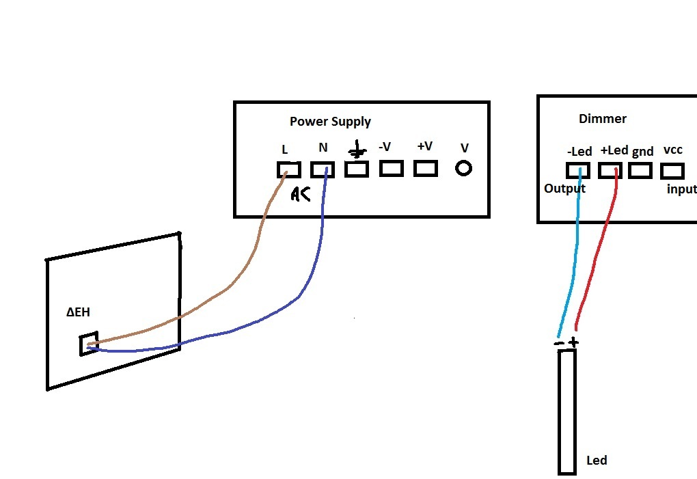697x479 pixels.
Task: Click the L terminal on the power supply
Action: [x=288, y=169]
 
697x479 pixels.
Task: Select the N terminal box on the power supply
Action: [x=323, y=169]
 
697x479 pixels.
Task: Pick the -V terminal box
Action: [x=391, y=168]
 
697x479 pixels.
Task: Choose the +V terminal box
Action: [x=425, y=168]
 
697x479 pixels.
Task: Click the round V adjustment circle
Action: [x=463, y=168]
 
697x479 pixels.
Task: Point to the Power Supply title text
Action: [x=330, y=122]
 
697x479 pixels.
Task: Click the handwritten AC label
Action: [x=300, y=194]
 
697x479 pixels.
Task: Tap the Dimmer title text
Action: [x=602, y=119]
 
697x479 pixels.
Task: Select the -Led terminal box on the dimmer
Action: [x=577, y=170]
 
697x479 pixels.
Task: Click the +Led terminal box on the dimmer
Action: [x=610, y=170]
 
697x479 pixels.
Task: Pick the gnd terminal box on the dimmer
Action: [x=640, y=170]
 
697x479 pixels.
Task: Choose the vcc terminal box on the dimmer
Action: [x=672, y=170]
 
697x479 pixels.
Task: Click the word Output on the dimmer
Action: [x=564, y=189]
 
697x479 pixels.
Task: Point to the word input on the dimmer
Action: [x=681, y=189]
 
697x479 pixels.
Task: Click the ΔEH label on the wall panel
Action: [x=78, y=312]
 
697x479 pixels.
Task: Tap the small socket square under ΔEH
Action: [x=87, y=344]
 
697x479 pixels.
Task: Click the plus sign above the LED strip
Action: [x=573, y=342]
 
